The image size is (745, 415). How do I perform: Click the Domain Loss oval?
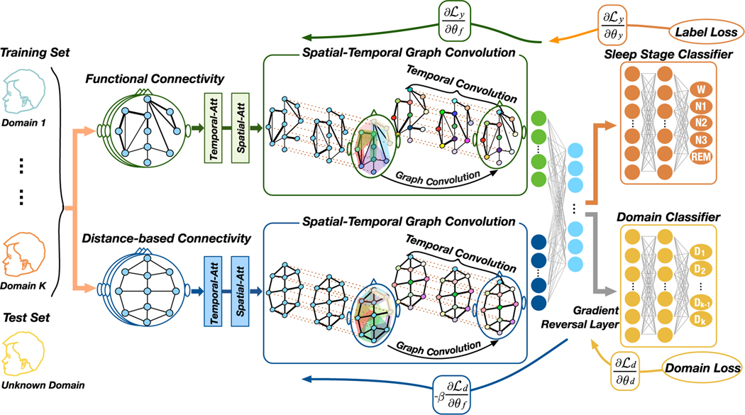pyautogui.click(x=702, y=368)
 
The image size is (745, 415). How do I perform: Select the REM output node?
pyautogui.click(x=701, y=157)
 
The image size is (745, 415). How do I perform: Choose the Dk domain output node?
pyautogui.click(x=700, y=319)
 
